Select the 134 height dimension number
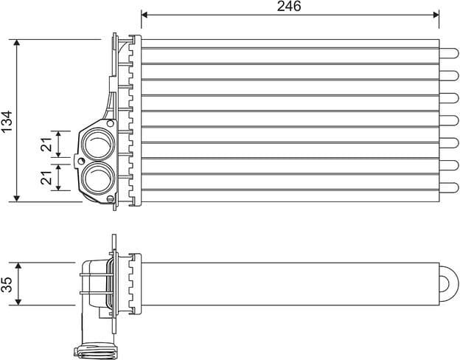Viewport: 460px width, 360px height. click(7, 121)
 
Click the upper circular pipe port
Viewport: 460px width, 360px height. click(96, 143)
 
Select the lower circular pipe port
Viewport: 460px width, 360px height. click(96, 177)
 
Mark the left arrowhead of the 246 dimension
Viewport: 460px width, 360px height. click(144, 14)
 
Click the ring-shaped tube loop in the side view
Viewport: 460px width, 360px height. click(448, 283)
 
